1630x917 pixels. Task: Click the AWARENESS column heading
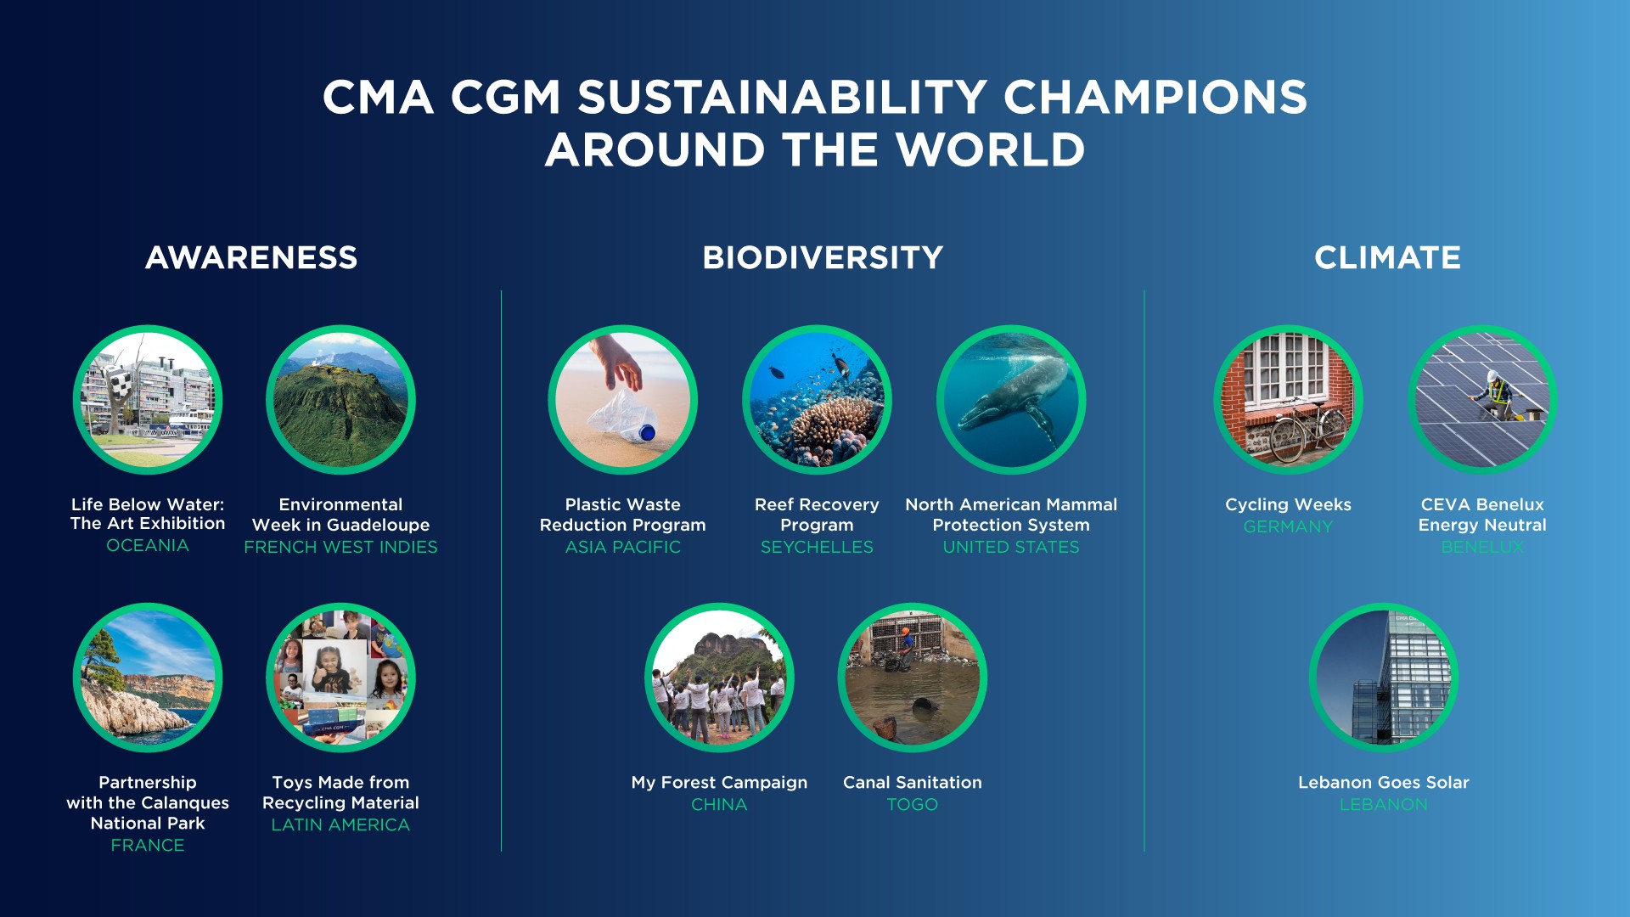click(251, 257)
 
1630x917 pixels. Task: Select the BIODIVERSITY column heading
click(823, 257)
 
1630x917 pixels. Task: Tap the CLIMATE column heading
click(1387, 257)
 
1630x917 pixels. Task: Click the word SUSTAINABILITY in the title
click(782, 97)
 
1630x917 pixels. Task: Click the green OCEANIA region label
click(148, 545)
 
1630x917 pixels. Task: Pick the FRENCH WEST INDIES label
click(340, 547)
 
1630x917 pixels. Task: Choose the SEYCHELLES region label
click(817, 547)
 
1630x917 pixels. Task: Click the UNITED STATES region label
click(1011, 547)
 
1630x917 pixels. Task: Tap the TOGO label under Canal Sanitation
click(913, 804)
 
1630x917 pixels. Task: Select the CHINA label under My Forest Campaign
click(719, 804)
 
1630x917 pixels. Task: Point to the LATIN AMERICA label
click(340, 824)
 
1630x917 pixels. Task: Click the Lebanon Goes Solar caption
click(1383, 782)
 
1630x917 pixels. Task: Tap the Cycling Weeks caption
click(1288, 504)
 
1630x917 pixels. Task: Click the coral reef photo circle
click(817, 399)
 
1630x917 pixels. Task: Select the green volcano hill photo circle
click(340, 399)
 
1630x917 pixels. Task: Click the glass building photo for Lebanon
click(1384, 678)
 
